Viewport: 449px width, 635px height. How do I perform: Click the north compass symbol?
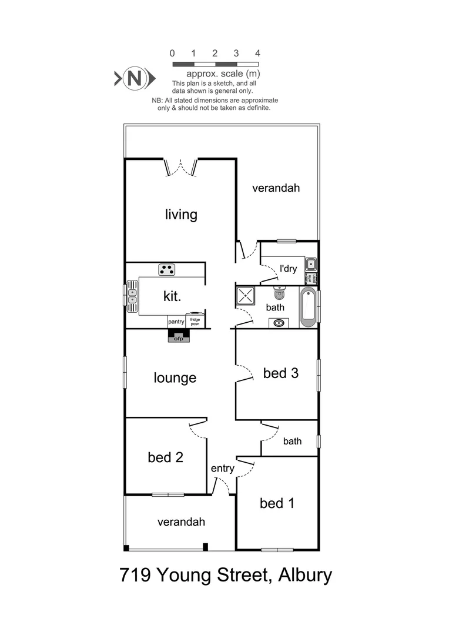(x=135, y=78)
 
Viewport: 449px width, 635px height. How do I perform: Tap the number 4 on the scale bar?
(x=257, y=53)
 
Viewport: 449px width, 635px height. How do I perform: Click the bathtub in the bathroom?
(x=309, y=308)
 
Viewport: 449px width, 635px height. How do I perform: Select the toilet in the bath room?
(x=279, y=292)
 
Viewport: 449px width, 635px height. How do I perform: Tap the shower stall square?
(x=245, y=296)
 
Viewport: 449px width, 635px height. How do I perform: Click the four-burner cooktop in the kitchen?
(x=167, y=269)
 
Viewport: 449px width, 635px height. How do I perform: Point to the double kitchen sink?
(x=132, y=296)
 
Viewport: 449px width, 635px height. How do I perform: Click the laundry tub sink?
(x=311, y=265)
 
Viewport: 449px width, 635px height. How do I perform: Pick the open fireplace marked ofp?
(x=179, y=336)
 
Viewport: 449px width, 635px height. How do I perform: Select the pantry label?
(x=176, y=322)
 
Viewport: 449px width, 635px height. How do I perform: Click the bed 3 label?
(x=280, y=373)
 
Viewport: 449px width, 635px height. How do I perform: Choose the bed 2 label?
(x=165, y=457)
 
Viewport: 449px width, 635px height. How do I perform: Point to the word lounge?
(x=175, y=378)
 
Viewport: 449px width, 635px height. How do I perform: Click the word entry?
(x=223, y=469)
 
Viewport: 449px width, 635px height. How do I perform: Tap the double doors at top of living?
(x=181, y=167)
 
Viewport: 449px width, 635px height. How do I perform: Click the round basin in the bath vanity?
(x=279, y=323)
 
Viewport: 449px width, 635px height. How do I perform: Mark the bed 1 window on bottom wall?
(x=277, y=550)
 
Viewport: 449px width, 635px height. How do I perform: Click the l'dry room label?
(x=289, y=269)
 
